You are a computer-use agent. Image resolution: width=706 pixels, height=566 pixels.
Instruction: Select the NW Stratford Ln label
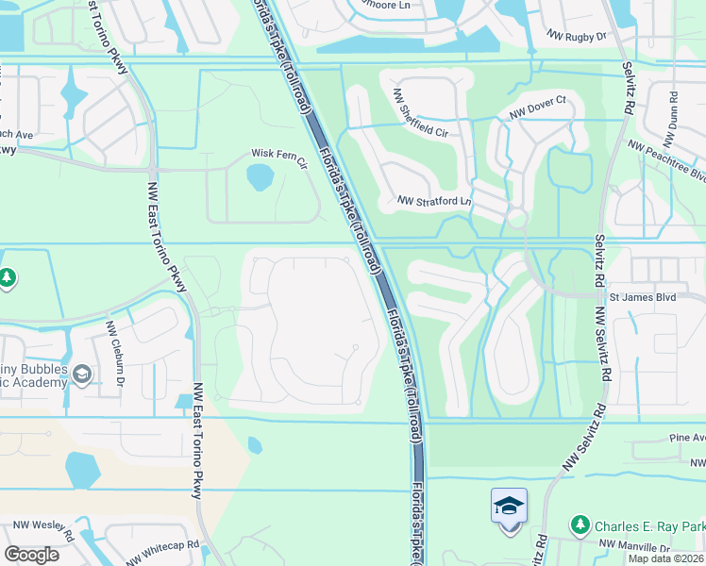pos(434,201)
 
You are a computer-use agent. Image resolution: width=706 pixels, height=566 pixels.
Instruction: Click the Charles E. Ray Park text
pos(648,524)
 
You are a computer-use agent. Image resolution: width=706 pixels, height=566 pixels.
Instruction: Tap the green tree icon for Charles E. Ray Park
pos(580,524)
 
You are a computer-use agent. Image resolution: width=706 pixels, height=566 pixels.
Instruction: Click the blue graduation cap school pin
pos(509,507)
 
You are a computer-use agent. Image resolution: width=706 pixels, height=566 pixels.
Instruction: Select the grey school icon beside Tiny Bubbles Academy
pos(83,375)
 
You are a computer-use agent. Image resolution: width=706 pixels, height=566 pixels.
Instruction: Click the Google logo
pos(31,555)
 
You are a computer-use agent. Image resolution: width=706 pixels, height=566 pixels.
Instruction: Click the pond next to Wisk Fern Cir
pos(259,176)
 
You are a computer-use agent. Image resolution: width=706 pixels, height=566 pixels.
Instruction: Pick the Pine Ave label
pos(687,439)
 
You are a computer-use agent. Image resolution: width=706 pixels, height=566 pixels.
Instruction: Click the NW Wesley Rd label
pos(38,524)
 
